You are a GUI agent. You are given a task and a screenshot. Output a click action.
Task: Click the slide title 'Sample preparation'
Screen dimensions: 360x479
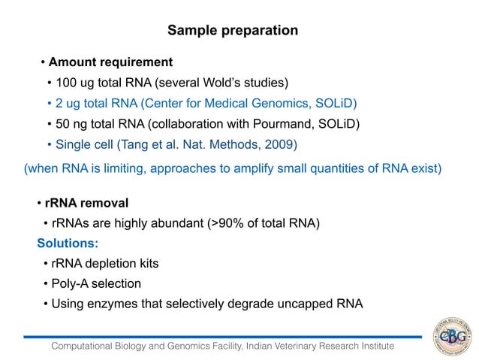click(x=232, y=31)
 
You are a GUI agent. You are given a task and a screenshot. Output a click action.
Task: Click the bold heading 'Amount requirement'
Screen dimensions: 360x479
click(x=110, y=62)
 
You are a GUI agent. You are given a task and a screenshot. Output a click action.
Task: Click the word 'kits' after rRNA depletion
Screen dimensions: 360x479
click(x=147, y=264)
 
